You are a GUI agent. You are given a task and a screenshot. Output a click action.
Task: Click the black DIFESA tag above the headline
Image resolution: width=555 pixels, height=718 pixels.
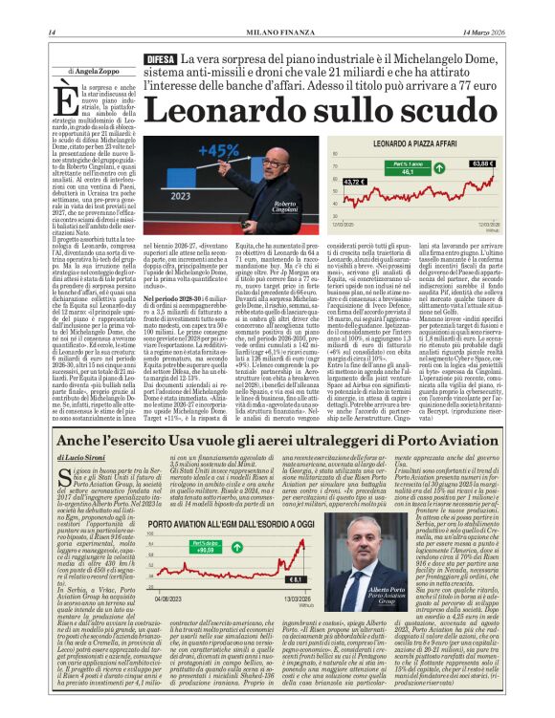coord(157,60)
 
